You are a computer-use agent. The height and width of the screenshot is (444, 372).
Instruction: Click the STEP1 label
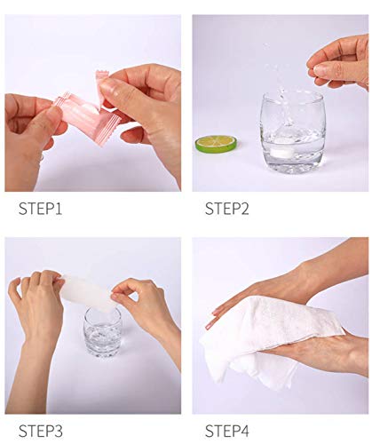pos(40,209)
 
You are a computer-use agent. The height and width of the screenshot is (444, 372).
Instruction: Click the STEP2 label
pos(227,209)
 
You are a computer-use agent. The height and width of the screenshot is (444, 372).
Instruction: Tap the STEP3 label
pos(41,431)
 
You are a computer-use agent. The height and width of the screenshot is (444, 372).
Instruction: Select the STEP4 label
pos(227,431)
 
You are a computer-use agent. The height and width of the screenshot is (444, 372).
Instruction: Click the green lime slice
pos(217,144)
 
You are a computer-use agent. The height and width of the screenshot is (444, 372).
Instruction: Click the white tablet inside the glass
pos(281,153)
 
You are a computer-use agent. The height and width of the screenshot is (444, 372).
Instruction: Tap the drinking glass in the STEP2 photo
pos(293,132)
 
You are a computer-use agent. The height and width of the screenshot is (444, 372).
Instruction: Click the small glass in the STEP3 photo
pos(102,332)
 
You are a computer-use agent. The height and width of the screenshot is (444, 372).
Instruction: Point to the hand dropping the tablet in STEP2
pos(340,63)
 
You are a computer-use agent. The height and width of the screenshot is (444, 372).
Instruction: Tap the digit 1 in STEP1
pos(59,209)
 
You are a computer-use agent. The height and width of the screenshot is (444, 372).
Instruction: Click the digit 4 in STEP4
pos(244,431)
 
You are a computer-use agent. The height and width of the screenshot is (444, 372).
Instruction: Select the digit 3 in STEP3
pos(58,431)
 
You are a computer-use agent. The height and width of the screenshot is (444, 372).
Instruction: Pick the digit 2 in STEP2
pos(244,209)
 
